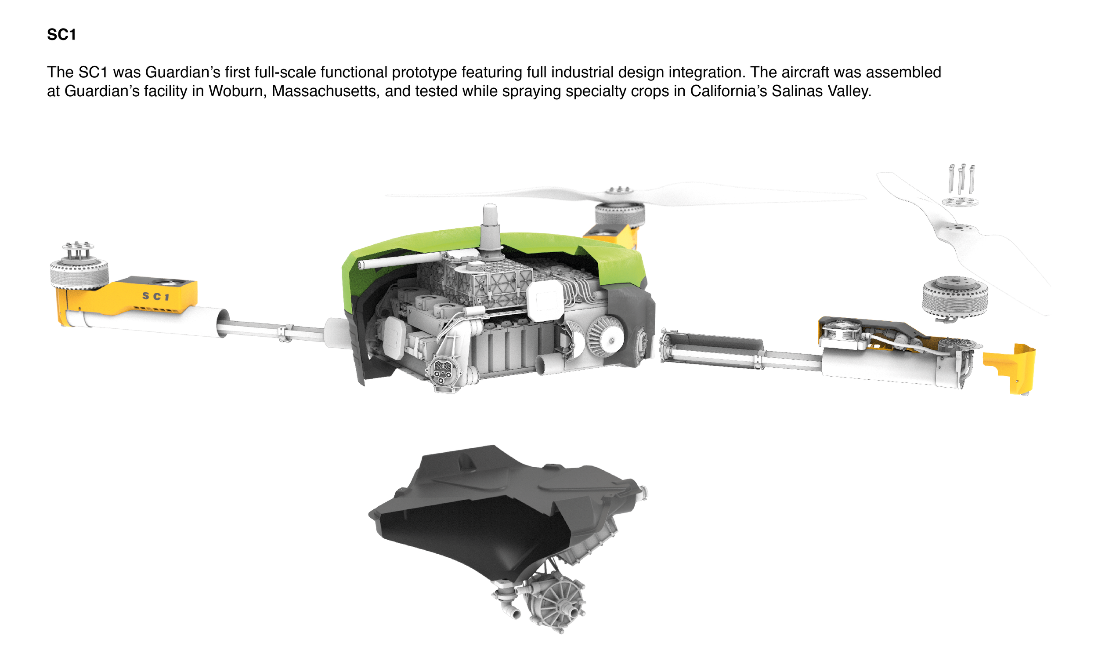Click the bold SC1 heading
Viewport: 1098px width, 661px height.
click(61, 35)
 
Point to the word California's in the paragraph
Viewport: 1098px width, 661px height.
click(728, 91)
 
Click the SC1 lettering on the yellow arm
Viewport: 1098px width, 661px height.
click(156, 296)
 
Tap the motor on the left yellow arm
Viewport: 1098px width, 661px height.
click(79, 267)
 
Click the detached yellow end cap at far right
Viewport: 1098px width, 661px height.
click(1009, 368)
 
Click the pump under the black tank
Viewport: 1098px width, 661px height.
click(547, 601)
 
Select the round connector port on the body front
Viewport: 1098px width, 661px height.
click(442, 370)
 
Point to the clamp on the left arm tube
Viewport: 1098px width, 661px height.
click(285, 333)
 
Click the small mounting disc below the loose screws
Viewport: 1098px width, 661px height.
click(960, 201)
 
